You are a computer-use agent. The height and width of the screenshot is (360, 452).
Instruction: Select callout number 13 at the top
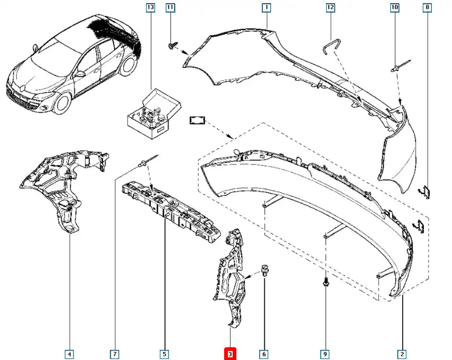(150, 7)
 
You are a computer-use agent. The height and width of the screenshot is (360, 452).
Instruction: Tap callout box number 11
(170, 7)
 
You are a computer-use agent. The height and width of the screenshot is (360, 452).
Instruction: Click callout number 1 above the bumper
(266, 7)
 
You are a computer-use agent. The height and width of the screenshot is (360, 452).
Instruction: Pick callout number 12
(330, 7)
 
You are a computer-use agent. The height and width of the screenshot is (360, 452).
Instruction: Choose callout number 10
(394, 7)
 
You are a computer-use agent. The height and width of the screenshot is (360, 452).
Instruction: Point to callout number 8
(427, 7)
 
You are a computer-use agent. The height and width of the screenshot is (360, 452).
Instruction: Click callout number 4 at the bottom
(70, 354)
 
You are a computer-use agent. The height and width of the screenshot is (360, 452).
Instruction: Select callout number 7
(114, 354)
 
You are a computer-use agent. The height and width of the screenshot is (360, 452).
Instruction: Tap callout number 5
(165, 354)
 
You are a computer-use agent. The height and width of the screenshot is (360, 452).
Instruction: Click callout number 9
(326, 354)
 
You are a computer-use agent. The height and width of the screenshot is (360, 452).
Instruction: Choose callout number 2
(402, 354)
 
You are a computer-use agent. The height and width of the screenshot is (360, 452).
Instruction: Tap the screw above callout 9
(325, 284)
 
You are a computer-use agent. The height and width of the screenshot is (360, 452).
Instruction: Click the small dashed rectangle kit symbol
(197, 122)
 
